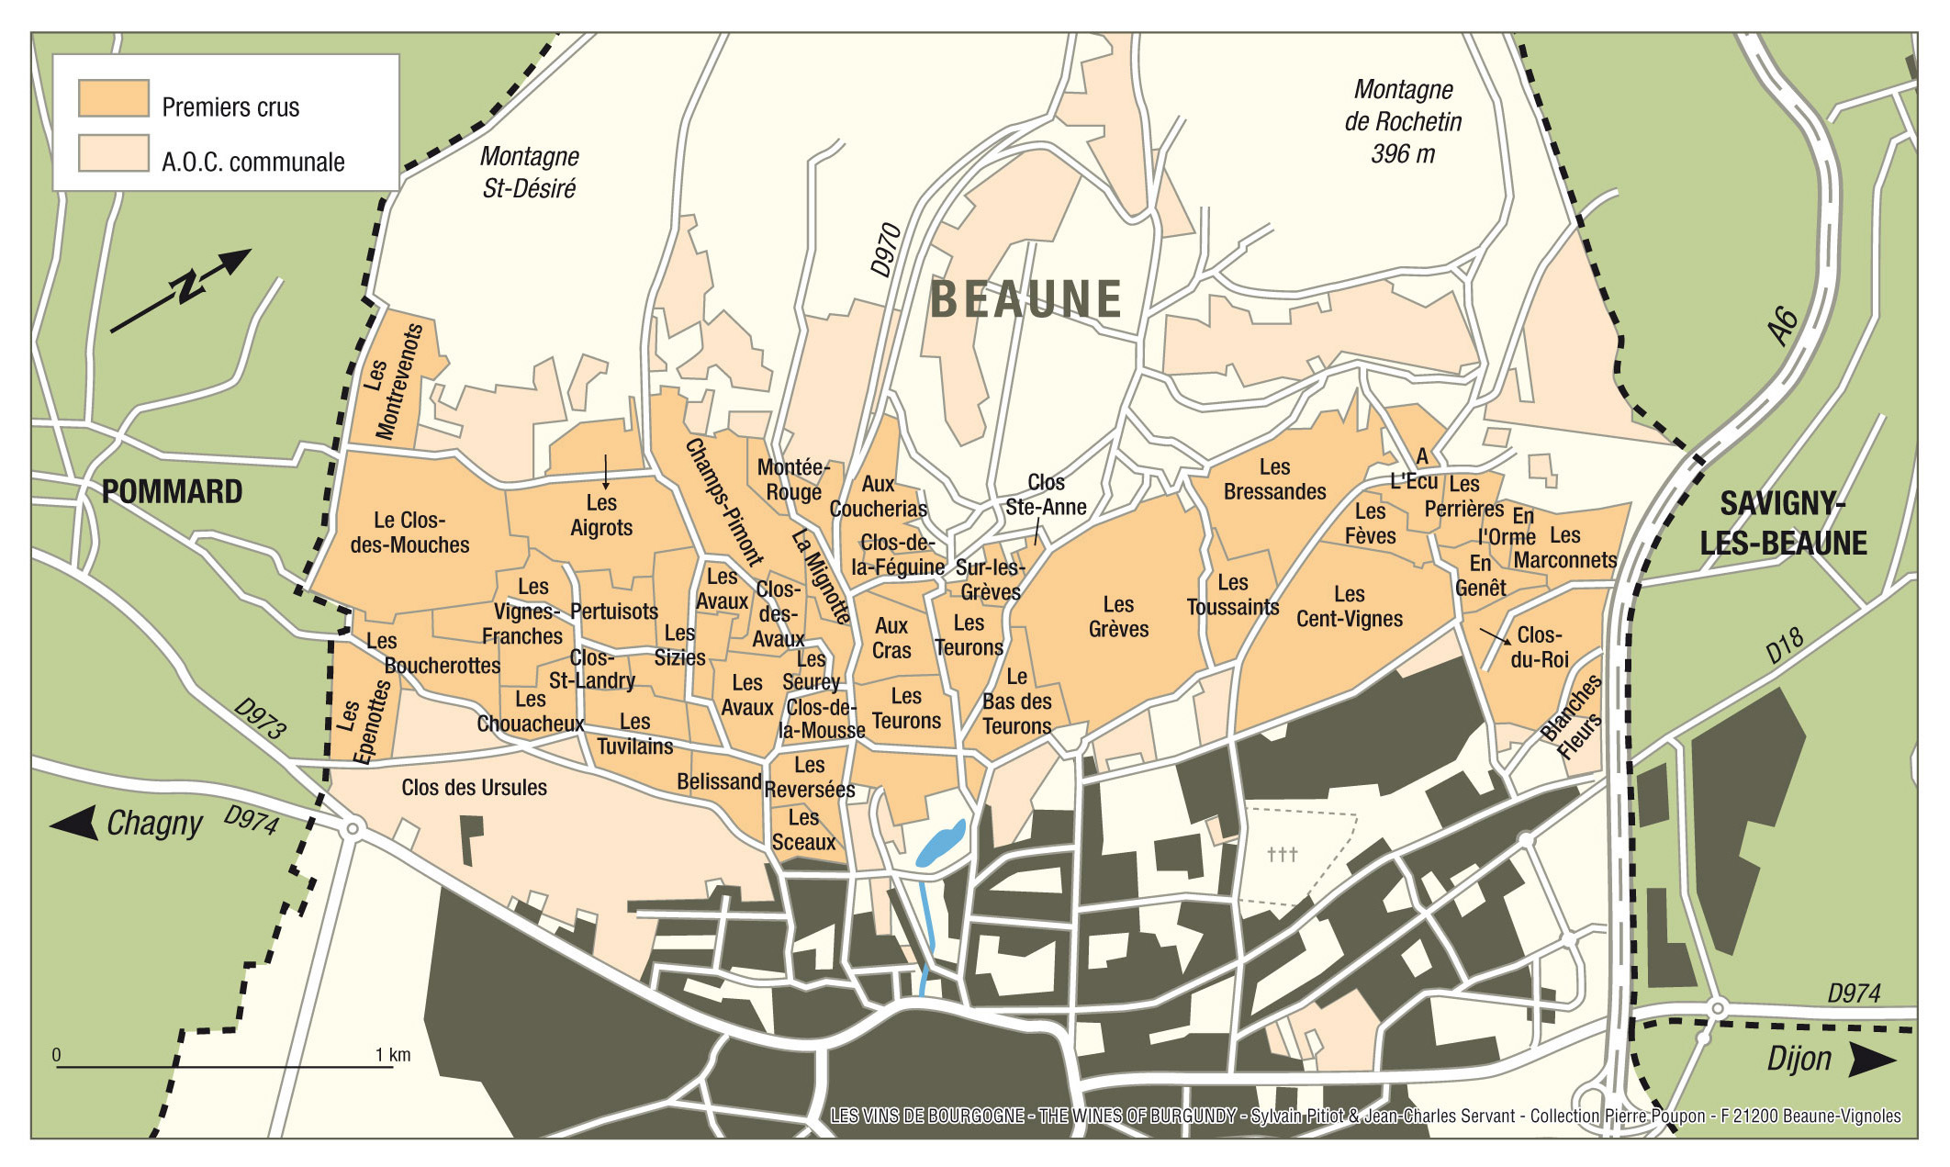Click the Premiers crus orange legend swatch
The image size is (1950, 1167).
point(113,98)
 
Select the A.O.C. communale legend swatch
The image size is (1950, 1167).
point(113,153)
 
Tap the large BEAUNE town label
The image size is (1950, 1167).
point(1025,300)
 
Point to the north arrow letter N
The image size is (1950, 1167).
point(189,286)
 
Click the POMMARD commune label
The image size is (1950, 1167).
point(172,492)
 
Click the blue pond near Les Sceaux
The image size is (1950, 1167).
point(941,844)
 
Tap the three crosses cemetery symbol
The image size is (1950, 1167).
point(1282,855)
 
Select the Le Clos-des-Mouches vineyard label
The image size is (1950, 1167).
point(409,533)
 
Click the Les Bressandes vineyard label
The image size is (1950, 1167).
point(1274,479)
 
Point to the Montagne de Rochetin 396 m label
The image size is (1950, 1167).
point(1402,121)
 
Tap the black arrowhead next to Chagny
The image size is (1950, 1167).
point(74,822)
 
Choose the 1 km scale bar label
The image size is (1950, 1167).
point(392,1055)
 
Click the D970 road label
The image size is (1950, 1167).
point(886,249)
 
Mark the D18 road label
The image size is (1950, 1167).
point(1785,645)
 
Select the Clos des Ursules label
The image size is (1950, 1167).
point(474,787)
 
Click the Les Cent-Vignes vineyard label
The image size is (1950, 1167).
point(1349,607)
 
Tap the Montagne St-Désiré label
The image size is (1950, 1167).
point(529,172)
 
